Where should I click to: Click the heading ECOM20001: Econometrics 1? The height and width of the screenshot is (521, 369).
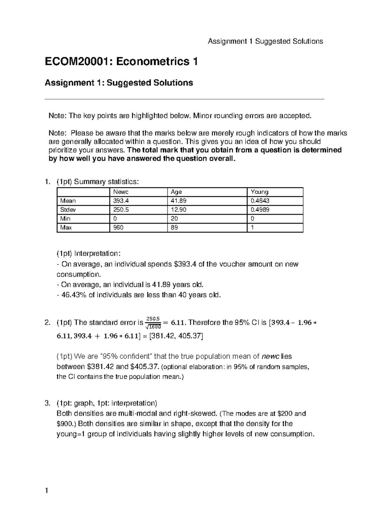click(121, 62)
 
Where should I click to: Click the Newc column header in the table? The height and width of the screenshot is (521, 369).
click(121, 192)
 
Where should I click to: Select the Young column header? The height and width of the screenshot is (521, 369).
click(260, 192)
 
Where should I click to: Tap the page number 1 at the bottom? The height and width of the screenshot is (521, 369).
click(47, 491)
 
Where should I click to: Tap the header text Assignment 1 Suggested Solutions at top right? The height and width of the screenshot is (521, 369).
click(265, 41)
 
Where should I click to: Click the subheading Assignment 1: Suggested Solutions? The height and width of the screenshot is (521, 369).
click(119, 83)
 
